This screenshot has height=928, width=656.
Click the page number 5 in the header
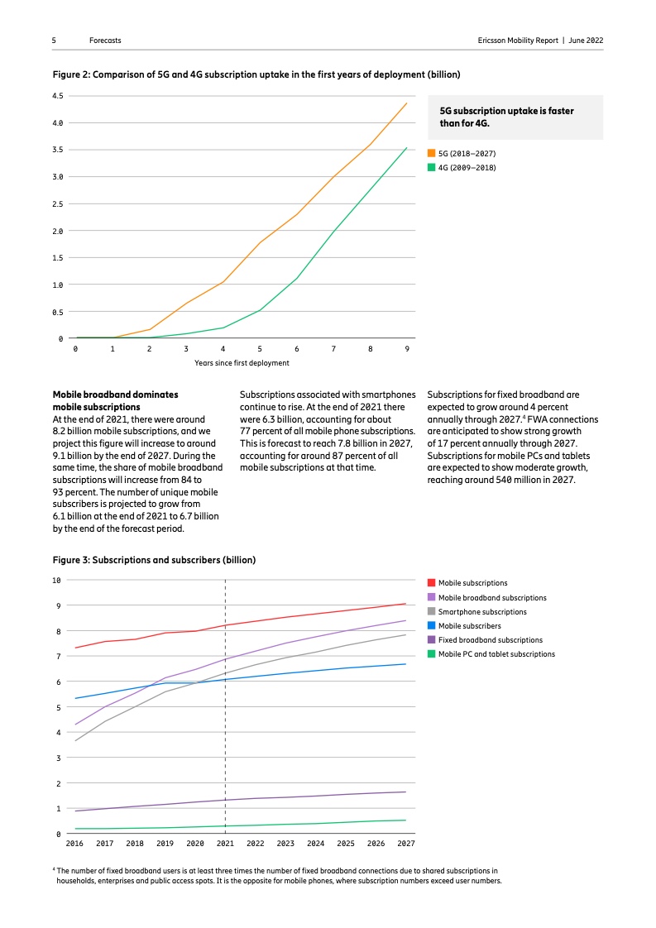click(54, 41)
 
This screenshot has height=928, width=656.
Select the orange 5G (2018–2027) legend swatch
click(431, 154)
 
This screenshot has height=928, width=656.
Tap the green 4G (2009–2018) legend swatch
click(431, 167)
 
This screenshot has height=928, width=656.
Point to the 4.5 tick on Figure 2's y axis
click(58, 96)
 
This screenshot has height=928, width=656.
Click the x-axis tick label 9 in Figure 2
click(406, 348)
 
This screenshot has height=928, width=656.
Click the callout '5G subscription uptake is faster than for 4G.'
click(505, 117)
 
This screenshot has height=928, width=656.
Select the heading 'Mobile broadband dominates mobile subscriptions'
click(115, 401)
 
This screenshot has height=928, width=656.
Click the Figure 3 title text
click(155, 560)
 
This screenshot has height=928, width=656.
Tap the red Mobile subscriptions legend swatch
click(431, 583)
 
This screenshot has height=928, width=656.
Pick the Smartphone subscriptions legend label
click(482, 612)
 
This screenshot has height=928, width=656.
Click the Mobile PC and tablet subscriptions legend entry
click(496, 654)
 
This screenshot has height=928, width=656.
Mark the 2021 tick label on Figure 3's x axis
click(225, 844)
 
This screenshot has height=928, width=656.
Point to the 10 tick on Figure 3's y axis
click(57, 580)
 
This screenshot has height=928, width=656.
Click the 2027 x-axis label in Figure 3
click(405, 844)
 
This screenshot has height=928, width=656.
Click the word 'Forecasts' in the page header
click(105, 41)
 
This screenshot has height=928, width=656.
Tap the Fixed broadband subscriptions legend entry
click(490, 640)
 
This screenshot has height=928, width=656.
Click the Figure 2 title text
click(256, 74)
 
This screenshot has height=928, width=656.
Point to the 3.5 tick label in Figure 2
click(58, 150)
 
